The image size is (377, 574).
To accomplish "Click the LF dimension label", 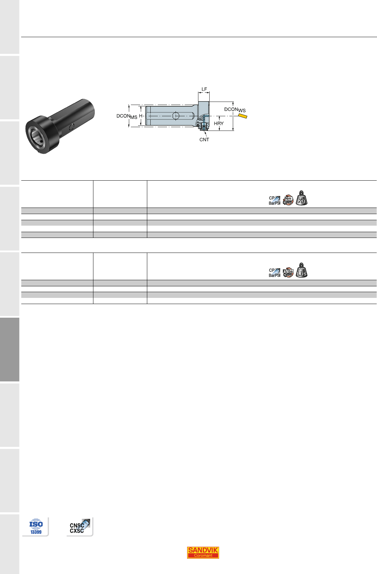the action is (x=204, y=89).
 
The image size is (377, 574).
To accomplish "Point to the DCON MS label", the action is (x=127, y=116).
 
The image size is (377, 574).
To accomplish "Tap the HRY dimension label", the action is (x=218, y=123).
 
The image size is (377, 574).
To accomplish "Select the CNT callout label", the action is (x=204, y=140).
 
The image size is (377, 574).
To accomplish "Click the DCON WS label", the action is (x=235, y=110).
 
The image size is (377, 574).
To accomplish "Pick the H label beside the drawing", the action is (x=141, y=116).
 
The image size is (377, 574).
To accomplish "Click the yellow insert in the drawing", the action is (x=243, y=116).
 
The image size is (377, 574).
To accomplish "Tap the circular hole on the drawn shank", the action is (x=176, y=116).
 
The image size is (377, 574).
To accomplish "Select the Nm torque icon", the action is (x=288, y=200).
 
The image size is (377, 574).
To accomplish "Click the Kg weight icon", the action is (x=302, y=198).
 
